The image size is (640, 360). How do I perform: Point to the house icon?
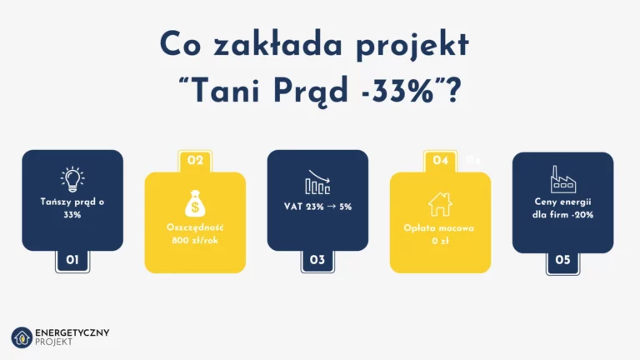440,203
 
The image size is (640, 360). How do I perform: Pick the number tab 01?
72,260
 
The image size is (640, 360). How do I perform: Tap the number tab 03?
317,260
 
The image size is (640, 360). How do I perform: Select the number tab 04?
440,160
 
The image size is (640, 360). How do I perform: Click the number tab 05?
562,260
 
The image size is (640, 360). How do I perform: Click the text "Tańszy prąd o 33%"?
72,208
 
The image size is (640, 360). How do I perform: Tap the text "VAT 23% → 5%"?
317,206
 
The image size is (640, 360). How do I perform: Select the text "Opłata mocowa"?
440,227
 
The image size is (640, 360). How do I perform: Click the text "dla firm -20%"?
562,214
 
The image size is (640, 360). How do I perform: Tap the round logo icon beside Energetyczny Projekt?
21,337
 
